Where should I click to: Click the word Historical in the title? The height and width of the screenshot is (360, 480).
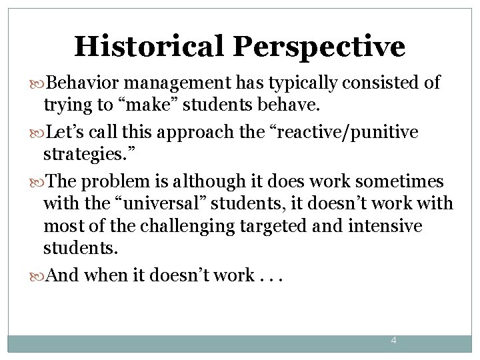149,47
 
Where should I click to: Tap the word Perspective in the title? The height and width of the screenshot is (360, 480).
319,47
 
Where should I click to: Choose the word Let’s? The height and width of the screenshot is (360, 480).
65,133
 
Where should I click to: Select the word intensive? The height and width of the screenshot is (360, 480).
385,226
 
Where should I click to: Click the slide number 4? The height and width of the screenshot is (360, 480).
393,341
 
